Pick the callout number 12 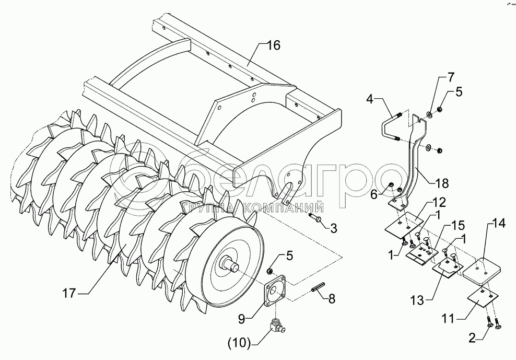(x=438, y=201)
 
